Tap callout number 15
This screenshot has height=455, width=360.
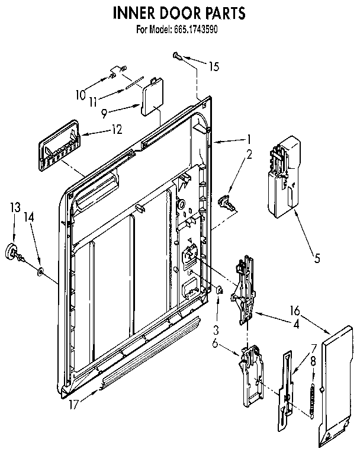pyautogui.click(x=213, y=66)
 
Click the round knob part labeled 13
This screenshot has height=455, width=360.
pyautogui.click(x=12, y=252)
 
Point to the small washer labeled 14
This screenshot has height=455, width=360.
pyautogui.click(x=40, y=271)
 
